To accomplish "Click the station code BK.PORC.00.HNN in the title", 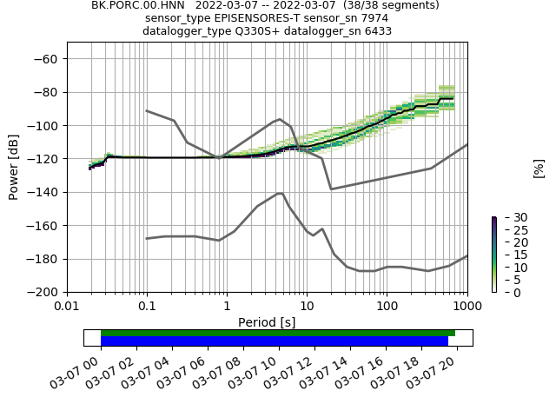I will pyautogui.click(x=139, y=5).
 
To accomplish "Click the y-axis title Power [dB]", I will pyautogui.click(x=14, y=166).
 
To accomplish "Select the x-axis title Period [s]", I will pyautogui.click(x=267, y=322).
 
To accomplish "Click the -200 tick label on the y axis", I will pyautogui.click(x=43, y=292).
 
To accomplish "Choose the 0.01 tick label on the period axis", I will pyautogui.click(x=67, y=307).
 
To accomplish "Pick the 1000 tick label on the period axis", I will pyautogui.click(x=467, y=307).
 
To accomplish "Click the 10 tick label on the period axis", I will pyautogui.click(x=307, y=307).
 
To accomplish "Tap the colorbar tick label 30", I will pyautogui.click(x=510, y=217).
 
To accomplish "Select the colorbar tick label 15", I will pyautogui.click(x=510, y=255).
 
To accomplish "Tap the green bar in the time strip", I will pyautogui.click(x=278, y=333).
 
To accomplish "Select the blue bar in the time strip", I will pyautogui.click(x=275, y=341).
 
